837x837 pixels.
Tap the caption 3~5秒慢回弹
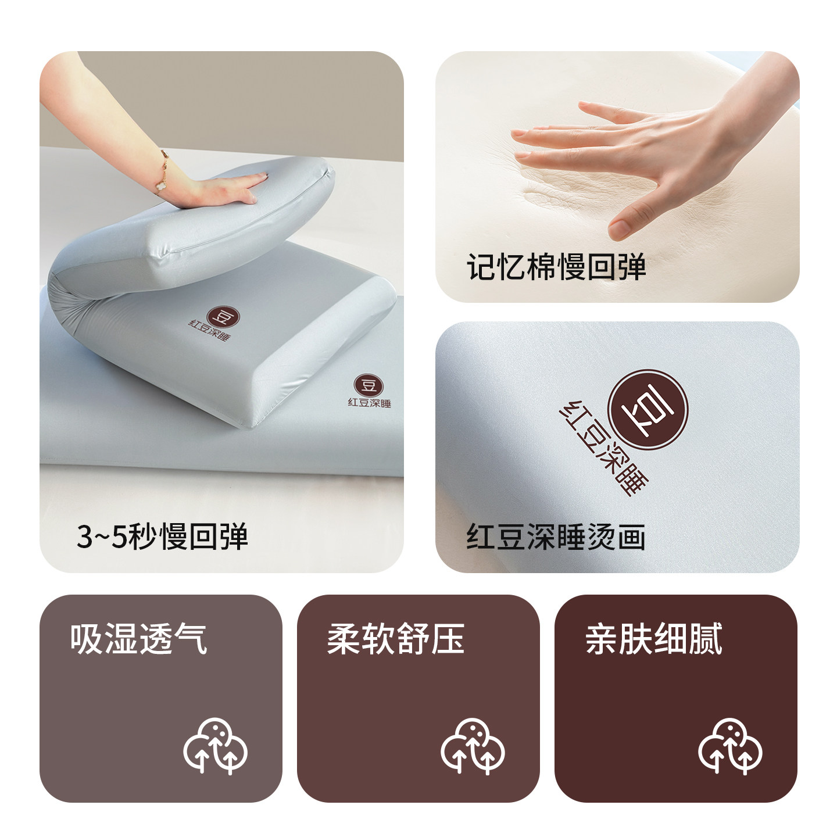pos(162,536)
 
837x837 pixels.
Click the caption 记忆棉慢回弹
pos(556,268)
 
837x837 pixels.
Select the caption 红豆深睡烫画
pos(556,537)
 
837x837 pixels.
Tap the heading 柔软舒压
pos(396,639)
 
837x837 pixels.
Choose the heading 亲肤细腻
pos(654,639)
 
